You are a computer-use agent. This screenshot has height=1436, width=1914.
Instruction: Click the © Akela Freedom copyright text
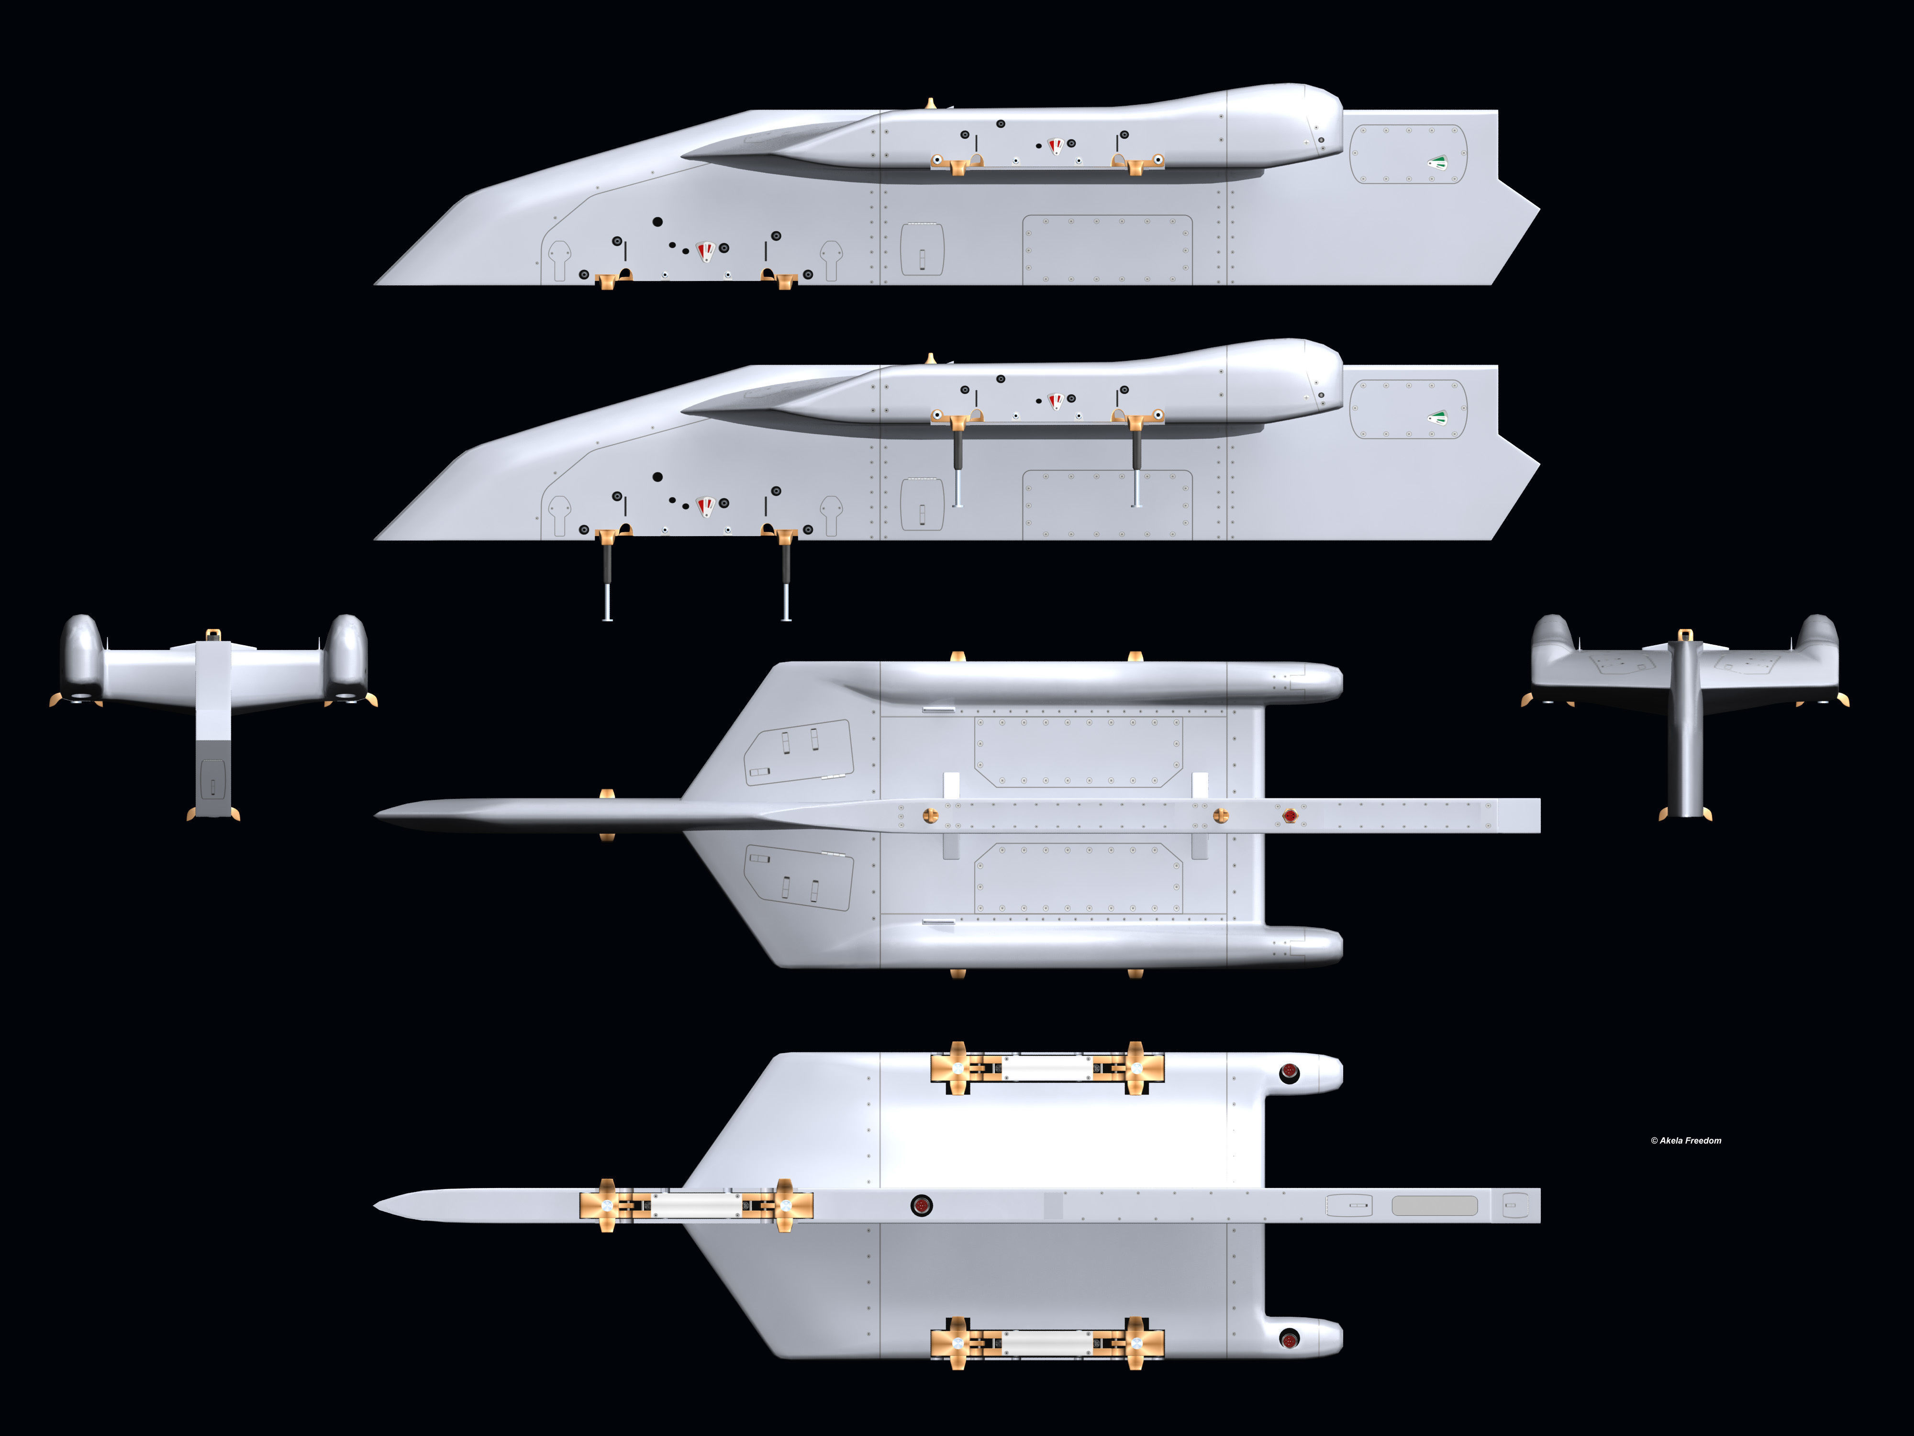(x=1686, y=1140)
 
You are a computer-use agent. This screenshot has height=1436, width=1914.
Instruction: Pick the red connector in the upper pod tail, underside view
(x=1289, y=1073)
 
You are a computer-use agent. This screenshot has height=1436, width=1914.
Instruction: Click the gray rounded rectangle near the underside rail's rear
(x=1434, y=1205)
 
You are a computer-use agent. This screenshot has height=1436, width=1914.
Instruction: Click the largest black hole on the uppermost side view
(x=657, y=222)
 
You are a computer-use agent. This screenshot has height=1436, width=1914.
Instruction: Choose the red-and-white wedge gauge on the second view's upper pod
(x=1056, y=401)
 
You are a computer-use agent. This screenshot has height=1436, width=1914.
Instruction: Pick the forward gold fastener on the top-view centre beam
(x=930, y=815)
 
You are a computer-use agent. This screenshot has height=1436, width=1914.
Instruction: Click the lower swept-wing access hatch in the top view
(x=799, y=876)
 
